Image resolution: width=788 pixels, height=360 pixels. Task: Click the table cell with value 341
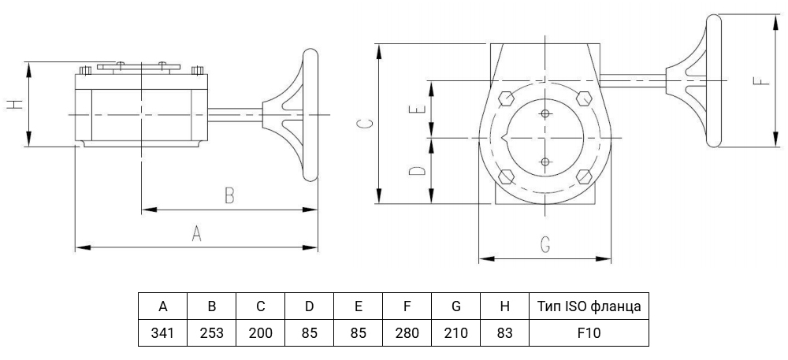[163, 333]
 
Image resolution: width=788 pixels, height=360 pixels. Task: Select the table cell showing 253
[211, 333]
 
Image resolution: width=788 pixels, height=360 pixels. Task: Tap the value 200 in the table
[260, 333]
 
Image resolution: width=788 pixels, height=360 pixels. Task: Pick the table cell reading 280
[407, 333]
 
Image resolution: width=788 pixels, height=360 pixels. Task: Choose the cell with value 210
[455, 333]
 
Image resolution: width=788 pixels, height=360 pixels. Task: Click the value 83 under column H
[504, 333]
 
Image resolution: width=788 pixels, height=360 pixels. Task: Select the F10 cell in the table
[589, 333]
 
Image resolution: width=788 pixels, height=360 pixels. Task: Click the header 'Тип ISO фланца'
[589, 306]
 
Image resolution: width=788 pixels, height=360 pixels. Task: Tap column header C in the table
[260, 306]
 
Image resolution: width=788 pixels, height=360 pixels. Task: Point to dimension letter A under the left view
[196, 233]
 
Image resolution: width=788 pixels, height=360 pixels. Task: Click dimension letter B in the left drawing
[229, 195]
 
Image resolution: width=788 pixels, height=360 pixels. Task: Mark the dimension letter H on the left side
[15, 104]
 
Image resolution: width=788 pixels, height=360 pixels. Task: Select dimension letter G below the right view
[545, 244]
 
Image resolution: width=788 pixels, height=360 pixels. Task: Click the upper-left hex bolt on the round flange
[506, 98]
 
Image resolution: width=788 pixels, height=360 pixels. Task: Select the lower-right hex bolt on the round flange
[584, 176]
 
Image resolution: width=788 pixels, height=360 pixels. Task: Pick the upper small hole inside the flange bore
[545, 114]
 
